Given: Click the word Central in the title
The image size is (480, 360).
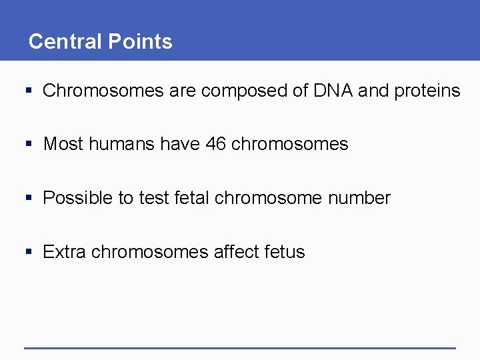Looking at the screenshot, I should (x=61, y=41).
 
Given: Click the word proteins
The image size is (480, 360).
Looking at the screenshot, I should (x=427, y=91).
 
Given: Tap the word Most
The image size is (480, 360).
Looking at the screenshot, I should (x=63, y=144).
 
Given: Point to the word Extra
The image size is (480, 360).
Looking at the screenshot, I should (x=64, y=252).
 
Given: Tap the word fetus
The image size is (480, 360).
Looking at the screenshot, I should (x=285, y=252).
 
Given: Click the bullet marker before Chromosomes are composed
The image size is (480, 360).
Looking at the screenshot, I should (x=27, y=91).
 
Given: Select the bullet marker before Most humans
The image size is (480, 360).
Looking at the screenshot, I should (x=27, y=144).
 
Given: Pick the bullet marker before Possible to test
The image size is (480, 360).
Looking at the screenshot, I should (x=27, y=198).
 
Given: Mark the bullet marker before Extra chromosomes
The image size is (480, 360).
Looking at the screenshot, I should (x=27, y=252).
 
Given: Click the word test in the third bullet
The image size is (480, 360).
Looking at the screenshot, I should (x=154, y=198).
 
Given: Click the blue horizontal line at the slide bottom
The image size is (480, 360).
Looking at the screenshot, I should (x=239, y=347).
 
